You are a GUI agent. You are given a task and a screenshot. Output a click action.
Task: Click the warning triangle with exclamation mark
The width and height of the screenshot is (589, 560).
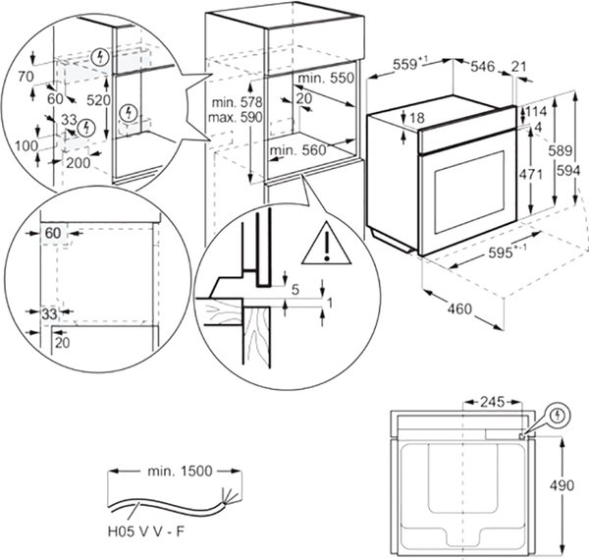(x=327, y=245)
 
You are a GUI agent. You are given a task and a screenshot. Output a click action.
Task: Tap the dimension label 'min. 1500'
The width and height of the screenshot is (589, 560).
(x=180, y=471)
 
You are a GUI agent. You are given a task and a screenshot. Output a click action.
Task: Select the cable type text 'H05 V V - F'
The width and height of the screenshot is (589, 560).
(x=146, y=532)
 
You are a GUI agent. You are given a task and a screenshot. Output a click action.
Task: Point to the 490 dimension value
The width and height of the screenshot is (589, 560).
(x=562, y=485)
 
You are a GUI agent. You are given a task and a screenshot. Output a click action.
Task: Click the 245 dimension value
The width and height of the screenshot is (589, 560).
(x=493, y=402)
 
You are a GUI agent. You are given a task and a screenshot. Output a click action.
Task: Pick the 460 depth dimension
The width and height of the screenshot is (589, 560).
(x=459, y=308)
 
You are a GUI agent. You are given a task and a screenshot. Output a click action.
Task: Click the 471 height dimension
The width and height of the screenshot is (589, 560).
(x=530, y=175)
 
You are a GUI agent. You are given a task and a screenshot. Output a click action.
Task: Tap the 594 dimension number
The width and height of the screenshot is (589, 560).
(x=568, y=171)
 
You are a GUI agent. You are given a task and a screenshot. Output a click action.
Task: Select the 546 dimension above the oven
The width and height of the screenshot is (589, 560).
(x=483, y=67)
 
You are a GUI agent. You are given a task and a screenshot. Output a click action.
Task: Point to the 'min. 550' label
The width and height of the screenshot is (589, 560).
(x=326, y=78)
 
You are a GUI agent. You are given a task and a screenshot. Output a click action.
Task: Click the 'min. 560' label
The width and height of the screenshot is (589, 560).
(x=298, y=150)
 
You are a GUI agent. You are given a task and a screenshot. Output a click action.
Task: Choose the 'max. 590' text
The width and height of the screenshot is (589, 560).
(x=236, y=117)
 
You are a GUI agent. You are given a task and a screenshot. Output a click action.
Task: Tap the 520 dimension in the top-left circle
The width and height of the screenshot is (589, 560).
(x=98, y=100)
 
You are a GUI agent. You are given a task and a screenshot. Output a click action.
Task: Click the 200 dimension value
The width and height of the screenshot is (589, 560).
(x=79, y=163)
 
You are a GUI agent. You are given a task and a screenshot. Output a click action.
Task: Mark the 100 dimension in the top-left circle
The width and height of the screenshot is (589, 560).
(x=27, y=145)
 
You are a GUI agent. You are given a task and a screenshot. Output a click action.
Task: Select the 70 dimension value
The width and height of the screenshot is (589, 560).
(x=26, y=77)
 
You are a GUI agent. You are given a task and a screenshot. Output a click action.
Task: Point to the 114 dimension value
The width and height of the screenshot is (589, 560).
(x=536, y=112)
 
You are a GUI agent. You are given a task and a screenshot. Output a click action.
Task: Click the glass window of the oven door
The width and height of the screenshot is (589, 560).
(x=469, y=192)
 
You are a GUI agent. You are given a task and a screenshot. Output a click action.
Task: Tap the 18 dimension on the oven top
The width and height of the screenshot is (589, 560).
(x=417, y=118)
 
